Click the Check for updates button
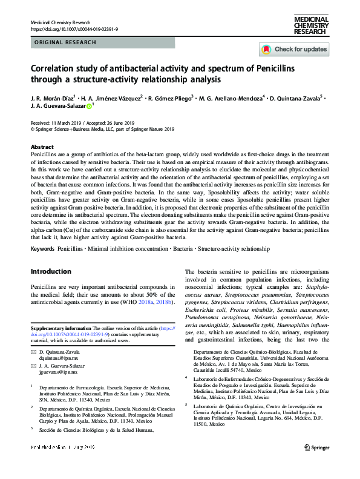click(x=294, y=49)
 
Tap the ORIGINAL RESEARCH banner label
click(x=66, y=42)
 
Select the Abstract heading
click(x=42, y=147)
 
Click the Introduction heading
click(x=51, y=271)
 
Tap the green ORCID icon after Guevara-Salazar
click(x=89, y=107)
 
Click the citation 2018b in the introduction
click(x=160, y=302)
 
